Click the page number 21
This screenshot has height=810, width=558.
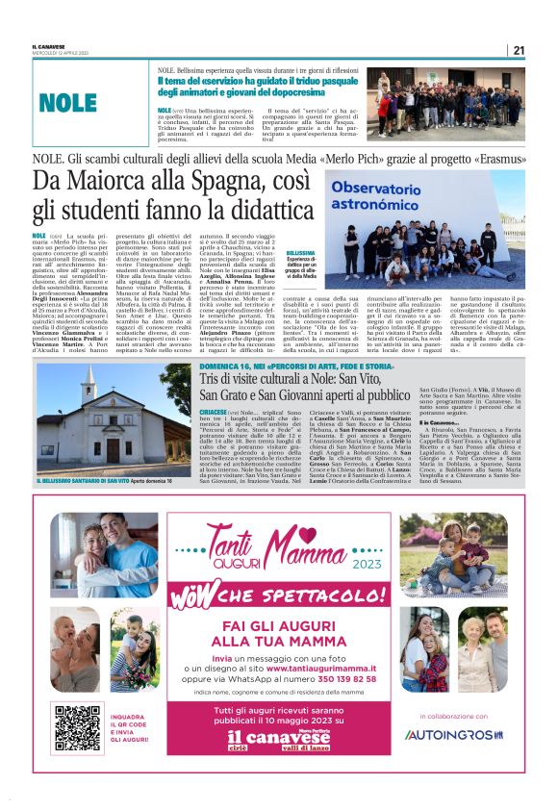pos(518,50)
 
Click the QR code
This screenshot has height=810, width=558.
pos(78,728)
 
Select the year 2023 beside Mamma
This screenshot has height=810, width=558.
pos(372,567)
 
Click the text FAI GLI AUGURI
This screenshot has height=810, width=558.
pos(280,622)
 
